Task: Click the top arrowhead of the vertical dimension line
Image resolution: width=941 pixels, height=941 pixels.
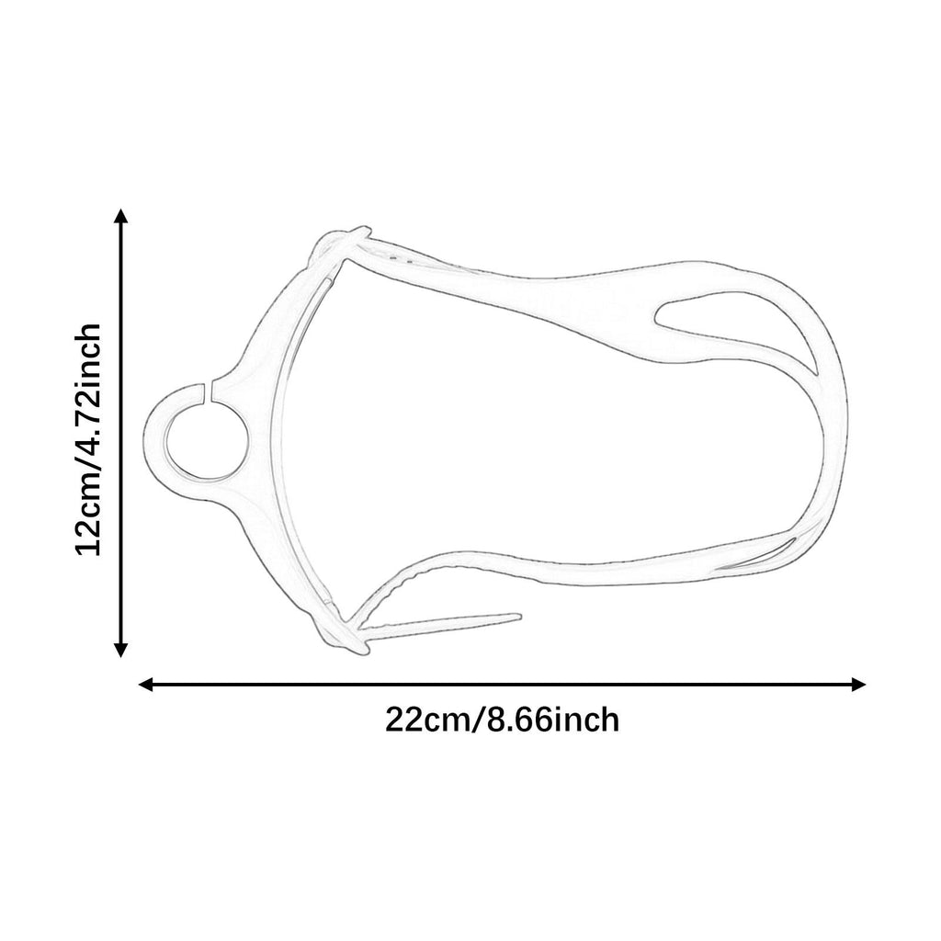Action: click(x=121, y=216)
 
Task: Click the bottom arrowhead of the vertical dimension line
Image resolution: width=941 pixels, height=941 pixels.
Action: click(x=121, y=650)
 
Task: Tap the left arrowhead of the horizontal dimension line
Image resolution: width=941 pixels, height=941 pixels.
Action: click(x=146, y=684)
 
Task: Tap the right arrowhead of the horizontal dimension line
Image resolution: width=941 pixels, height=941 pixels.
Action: click(x=857, y=684)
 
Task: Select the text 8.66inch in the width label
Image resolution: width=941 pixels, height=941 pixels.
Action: click(x=551, y=720)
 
